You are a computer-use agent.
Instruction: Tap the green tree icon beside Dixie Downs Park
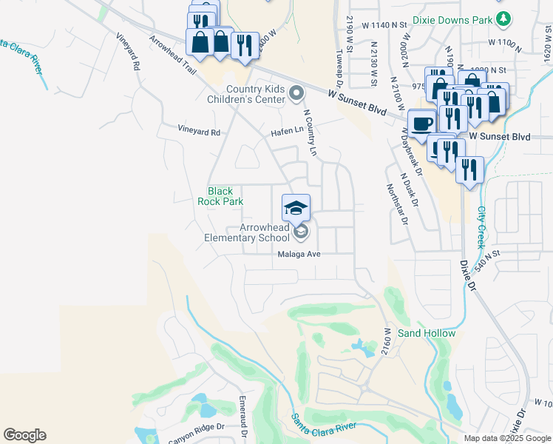(x=503, y=17)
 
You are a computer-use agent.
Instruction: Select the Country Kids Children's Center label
(x=256, y=94)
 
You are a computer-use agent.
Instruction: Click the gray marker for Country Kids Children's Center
(x=296, y=93)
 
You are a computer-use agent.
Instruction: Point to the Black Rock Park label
(x=215, y=195)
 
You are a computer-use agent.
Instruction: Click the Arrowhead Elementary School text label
(x=248, y=233)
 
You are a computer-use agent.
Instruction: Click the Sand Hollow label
(x=427, y=333)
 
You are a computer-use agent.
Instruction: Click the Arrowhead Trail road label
(x=172, y=55)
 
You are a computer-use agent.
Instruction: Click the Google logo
(x=24, y=435)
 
